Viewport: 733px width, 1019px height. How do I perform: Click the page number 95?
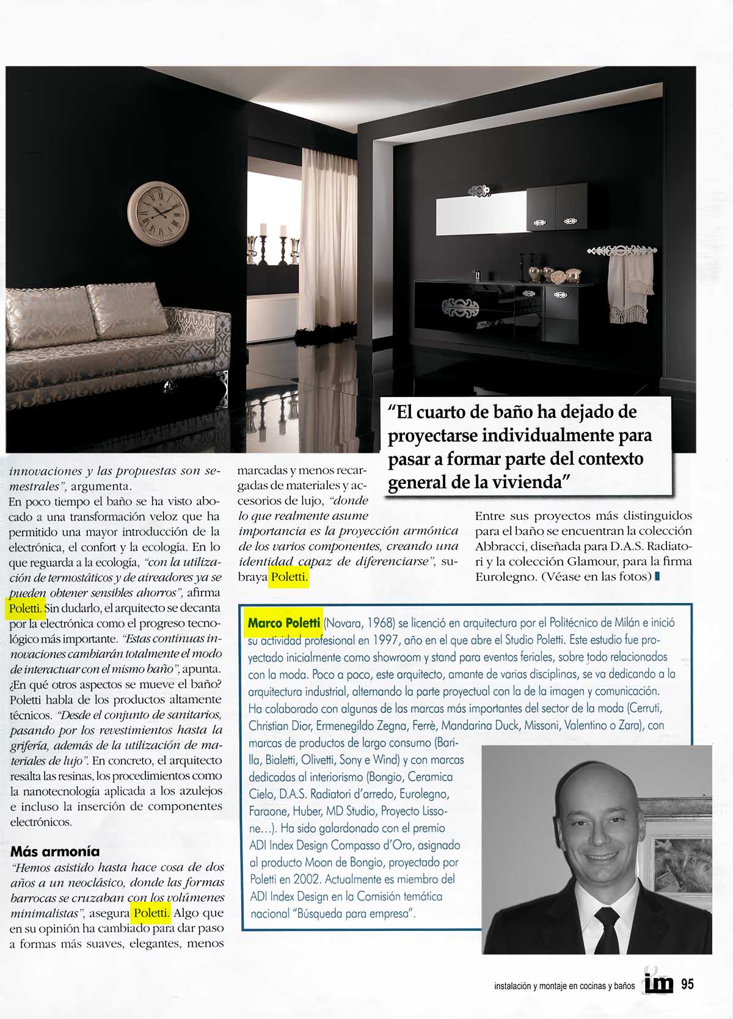click(x=687, y=984)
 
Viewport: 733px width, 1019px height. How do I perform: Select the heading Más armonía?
click(x=55, y=851)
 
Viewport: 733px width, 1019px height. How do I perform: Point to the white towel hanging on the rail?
click(x=629, y=288)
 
